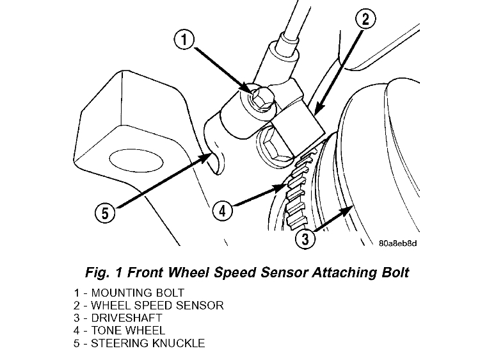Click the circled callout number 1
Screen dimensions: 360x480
[x=183, y=41]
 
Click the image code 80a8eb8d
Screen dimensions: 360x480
[x=398, y=244]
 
